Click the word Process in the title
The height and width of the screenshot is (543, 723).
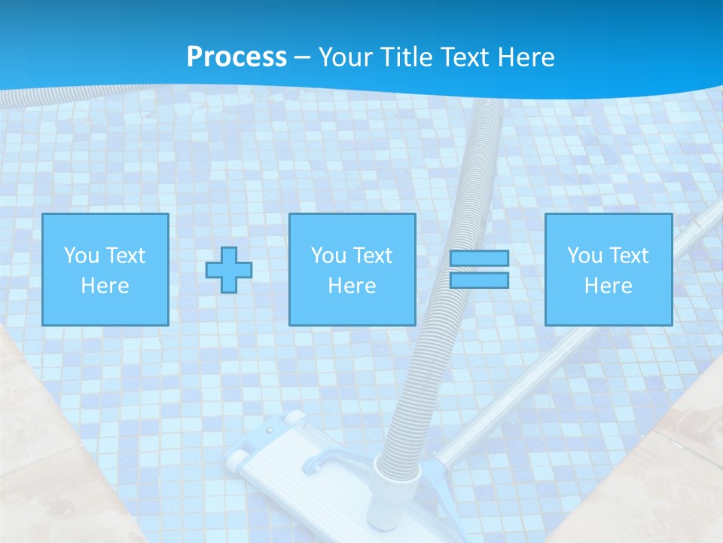[x=236, y=57]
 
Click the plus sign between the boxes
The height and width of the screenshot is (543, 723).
[x=229, y=270]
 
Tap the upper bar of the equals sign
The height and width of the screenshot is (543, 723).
[x=480, y=259]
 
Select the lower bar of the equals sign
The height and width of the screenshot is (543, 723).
[x=480, y=281]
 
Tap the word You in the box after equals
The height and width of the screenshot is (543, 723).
[x=584, y=256]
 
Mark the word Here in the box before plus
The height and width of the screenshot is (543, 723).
[x=105, y=286]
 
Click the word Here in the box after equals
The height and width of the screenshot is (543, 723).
[x=609, y=286]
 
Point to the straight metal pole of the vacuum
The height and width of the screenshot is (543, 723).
[x=572, y=333]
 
